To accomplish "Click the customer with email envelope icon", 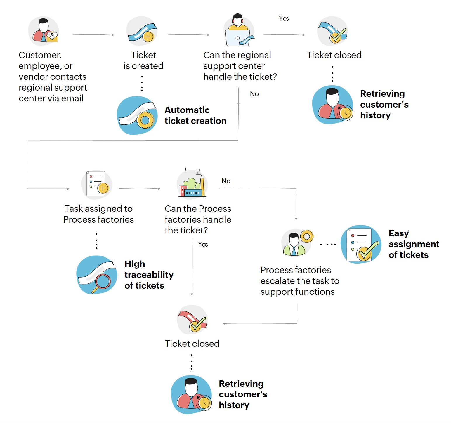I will [x=44, y=31].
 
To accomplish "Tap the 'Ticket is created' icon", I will [x=142, y=32].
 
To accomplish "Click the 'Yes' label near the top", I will [x=284, y=19].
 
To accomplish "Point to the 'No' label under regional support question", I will [x=254, y=94].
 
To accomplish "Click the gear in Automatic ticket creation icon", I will [x=145, y=120].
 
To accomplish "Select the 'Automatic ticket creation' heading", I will [x=195, y=115].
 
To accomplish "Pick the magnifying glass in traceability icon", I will [x=102, y=282].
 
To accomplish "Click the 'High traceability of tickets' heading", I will [x=149, y=275].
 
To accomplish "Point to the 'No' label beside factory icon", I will [x=226, y=181].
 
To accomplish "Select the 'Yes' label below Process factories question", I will [x=203, y=245].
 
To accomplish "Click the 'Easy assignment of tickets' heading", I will [x=414, y=244].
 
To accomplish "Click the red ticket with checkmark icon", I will [x=192, y=320].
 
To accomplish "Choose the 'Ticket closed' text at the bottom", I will [x=192, y=344].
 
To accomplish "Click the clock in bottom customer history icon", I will [x=204, y=403].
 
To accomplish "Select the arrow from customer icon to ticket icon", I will [x=93, y=35].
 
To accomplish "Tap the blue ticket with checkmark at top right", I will [x=333, y=32].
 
